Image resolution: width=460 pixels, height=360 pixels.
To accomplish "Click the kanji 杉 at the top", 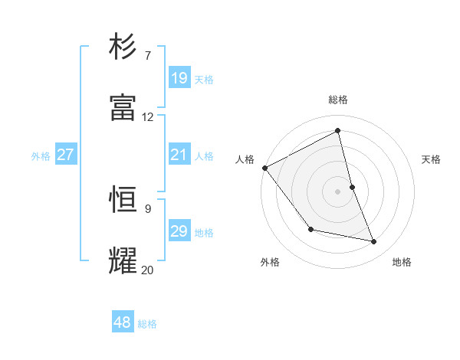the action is pyautogui.click(x=123, y=47).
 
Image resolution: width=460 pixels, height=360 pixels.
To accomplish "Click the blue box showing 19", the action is pyautogui.click(x=179, y=78).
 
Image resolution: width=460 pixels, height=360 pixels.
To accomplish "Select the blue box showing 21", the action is pyautogui.click(x=179, y=155).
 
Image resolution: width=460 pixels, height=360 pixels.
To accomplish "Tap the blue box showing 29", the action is pyautogui.click(x=179, y=231).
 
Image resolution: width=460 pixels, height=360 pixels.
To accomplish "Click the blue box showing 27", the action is pyautogui.click(x=65, y=155).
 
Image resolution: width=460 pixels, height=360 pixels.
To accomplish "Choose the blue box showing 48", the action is pyautogui.click(x=123, y=322).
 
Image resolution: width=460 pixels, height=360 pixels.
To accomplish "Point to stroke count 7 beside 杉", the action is pyautogui.click(x=147, y=56).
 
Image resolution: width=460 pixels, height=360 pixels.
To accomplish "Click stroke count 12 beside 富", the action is pyautogui.click(x=148, y=117).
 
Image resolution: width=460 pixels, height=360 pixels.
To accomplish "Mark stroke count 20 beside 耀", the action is pyautogui.click(x=148, y=270).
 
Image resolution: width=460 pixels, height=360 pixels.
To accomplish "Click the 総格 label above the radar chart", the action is pyautogui.click(x=338, y=100).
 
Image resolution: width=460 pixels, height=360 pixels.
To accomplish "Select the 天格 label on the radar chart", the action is pyautogui.click(x=432, y=159).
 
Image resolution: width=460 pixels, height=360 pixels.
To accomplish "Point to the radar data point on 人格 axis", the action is pyautogui.click(x=264, y=168).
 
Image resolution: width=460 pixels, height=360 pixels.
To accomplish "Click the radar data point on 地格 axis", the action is pyautogui.click(x=374, y=242).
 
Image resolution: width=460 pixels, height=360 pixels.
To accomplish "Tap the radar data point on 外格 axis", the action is pyautogui.click(x=310, y=229).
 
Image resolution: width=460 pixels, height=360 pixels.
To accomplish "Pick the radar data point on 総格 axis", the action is pyautogui.click(x=338, y=131).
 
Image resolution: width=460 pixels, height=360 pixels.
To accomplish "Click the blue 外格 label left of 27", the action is pyautogui.click(x=41, y=155).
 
